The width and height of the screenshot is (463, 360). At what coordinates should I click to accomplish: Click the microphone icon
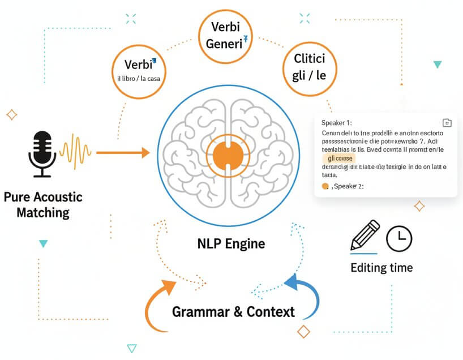coord(42,150)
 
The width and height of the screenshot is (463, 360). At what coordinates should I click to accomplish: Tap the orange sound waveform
coord(75,151)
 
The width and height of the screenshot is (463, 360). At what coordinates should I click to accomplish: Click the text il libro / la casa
coord(139,79)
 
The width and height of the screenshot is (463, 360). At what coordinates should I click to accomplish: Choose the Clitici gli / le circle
coord(308,66)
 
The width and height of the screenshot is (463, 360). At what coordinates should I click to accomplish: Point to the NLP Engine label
coord(231,244)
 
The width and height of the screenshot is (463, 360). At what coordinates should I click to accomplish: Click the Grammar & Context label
coord(233,312)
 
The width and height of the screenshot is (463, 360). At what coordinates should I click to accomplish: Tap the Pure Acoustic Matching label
coord(43,205)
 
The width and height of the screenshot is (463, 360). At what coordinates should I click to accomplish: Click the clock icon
coord(400,238)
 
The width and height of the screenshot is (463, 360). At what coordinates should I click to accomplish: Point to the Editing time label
coord(381,268)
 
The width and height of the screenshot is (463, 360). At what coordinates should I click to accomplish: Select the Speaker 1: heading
coord(336,123)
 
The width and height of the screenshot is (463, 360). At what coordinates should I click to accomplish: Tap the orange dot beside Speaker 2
coord(325,186)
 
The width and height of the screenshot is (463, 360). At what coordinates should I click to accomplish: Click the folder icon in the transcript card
coord(447,123)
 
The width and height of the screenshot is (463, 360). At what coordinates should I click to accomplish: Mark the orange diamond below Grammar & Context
coord(304,332)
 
